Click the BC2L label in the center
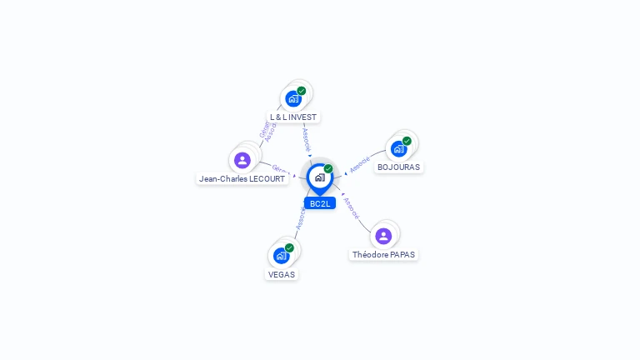point(320,203)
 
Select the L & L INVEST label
point(293,117)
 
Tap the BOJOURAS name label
point(398,167)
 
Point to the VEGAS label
point(282,274)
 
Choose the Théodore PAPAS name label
point(383,254)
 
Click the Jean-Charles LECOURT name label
point(242,178)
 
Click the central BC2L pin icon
point(319,177)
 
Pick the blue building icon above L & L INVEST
point(292,99)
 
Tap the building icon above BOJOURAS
point(398,149)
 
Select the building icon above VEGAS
point(281,256)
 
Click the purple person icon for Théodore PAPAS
point(383,236)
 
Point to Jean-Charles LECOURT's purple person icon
point(242,160)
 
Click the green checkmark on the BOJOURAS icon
point(407,141)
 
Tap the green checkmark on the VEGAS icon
point(289,247)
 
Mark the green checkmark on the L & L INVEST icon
point(301,91)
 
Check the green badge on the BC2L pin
point(328,168)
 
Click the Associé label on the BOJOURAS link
point(360,164)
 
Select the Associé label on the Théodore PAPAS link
point(352,207)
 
